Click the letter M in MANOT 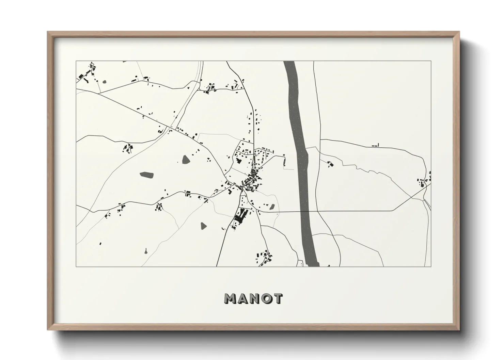(230, 298)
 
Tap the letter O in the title (265, 298)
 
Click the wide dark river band (298, 136)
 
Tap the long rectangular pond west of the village (146, 175)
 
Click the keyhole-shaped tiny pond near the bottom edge (145, 251)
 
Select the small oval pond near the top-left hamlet (104, 82)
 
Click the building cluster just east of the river (330, 164)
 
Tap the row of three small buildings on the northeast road (375, 146)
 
